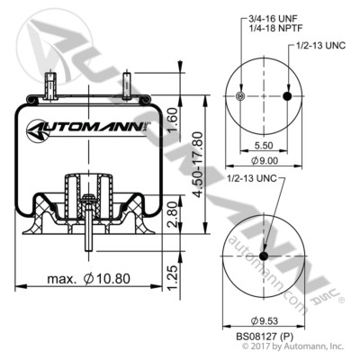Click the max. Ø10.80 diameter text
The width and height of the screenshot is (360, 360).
click(90, 282)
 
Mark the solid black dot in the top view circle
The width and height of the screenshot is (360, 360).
click(287, 97)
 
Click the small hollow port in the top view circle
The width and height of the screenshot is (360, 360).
click(238, 97)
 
